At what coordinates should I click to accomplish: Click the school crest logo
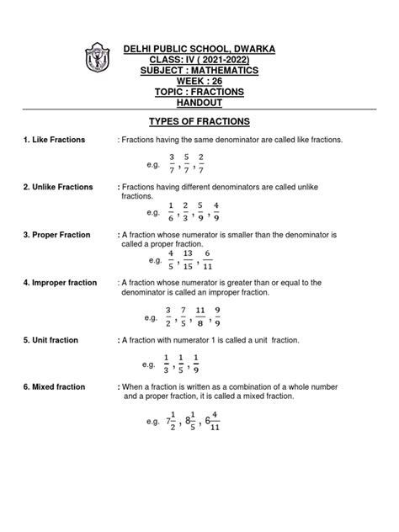(95, 61)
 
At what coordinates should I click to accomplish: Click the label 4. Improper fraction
(61, 283)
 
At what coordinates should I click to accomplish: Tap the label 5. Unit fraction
(53, 340)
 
